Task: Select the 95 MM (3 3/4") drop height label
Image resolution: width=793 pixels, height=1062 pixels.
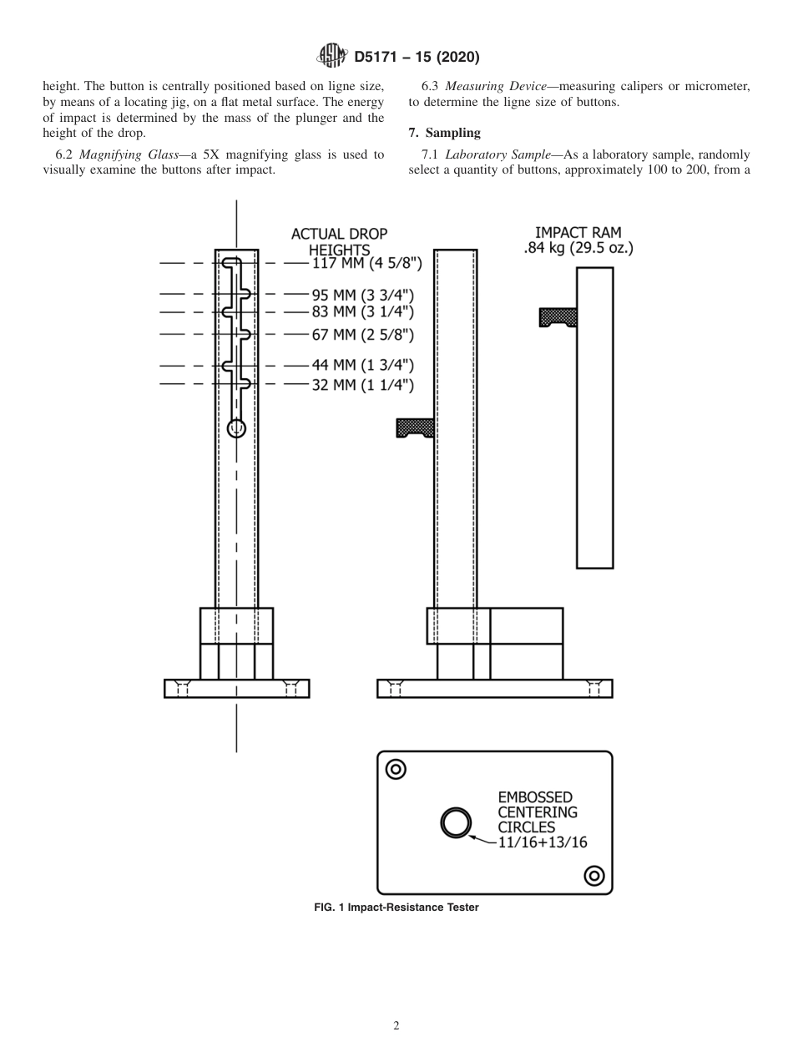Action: (x=362, y=295)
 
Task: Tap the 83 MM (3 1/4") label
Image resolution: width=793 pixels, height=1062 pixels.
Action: (x=362, y=311)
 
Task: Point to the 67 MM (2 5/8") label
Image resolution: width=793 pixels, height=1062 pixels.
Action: (x=362, y=335)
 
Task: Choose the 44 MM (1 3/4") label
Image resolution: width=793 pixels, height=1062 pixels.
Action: (x=362, y=366)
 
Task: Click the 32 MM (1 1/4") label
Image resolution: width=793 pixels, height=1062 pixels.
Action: (x=362, y=384)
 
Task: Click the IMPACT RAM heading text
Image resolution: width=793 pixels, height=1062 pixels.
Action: (x=578, y=232)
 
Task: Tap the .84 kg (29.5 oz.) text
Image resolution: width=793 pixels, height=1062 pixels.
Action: (x=578, y=248)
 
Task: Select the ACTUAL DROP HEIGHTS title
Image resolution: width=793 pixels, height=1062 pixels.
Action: (x=339, y=242)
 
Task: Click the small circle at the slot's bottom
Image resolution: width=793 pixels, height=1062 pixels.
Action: (x=237, y=428)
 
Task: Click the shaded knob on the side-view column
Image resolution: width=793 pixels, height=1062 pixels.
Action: (x=415, y=428)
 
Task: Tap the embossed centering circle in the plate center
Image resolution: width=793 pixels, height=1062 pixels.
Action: (x=456, y=823)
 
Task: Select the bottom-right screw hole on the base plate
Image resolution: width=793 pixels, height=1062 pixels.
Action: (x=594, y=875)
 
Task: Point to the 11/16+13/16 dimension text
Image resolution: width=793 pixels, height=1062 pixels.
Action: (x=542, y=842)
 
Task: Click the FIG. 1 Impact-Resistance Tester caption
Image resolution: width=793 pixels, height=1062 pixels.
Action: (x=396, y=908)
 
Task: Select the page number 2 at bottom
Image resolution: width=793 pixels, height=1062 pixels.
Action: (x=396, y=1026)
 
